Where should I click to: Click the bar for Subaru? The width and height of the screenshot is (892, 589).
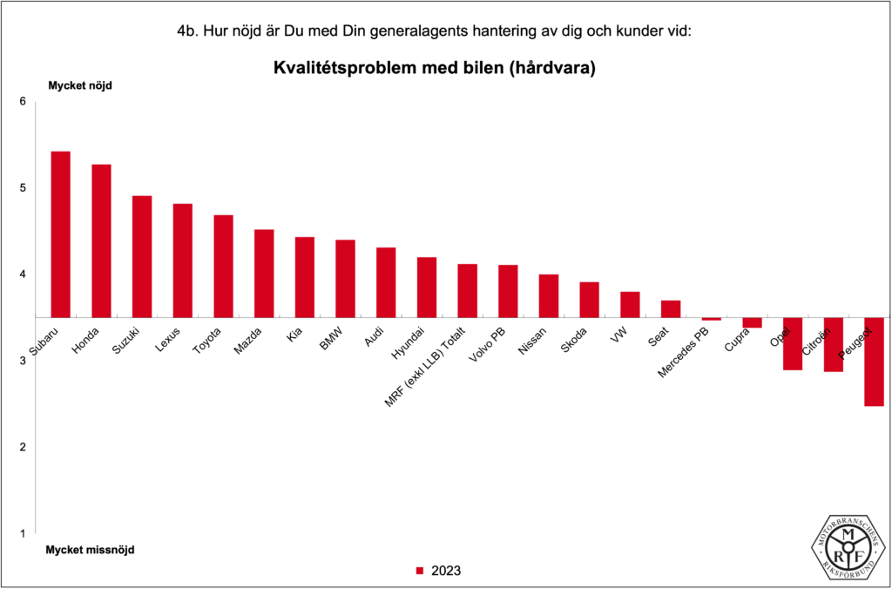coord(60,234)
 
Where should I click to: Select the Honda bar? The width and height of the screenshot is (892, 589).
coord(101,240)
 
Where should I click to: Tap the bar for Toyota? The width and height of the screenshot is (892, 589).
coord(223,266)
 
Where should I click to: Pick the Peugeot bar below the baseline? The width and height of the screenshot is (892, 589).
coord(874,362)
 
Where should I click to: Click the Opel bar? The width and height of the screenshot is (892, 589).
coord(793,343)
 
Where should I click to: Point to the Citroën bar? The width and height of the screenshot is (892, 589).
coord(834,344)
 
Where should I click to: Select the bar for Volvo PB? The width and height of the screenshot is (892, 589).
coord(508,291)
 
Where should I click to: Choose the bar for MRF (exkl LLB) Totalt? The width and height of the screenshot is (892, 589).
coord(467,290)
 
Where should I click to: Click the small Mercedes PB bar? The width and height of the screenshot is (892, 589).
coord(712,319)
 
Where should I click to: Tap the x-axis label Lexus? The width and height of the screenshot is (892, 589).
coord(169,338)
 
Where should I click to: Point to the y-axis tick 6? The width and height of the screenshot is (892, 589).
coord(23,102)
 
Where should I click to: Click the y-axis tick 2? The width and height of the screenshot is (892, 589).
coord(23,447)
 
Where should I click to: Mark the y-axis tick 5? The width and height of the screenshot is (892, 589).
coord(23,188)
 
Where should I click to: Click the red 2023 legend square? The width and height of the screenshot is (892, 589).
coord(419,572)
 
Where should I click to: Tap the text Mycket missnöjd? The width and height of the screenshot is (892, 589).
coord(90,550)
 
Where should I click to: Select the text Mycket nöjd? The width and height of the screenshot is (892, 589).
coord(79,85)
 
